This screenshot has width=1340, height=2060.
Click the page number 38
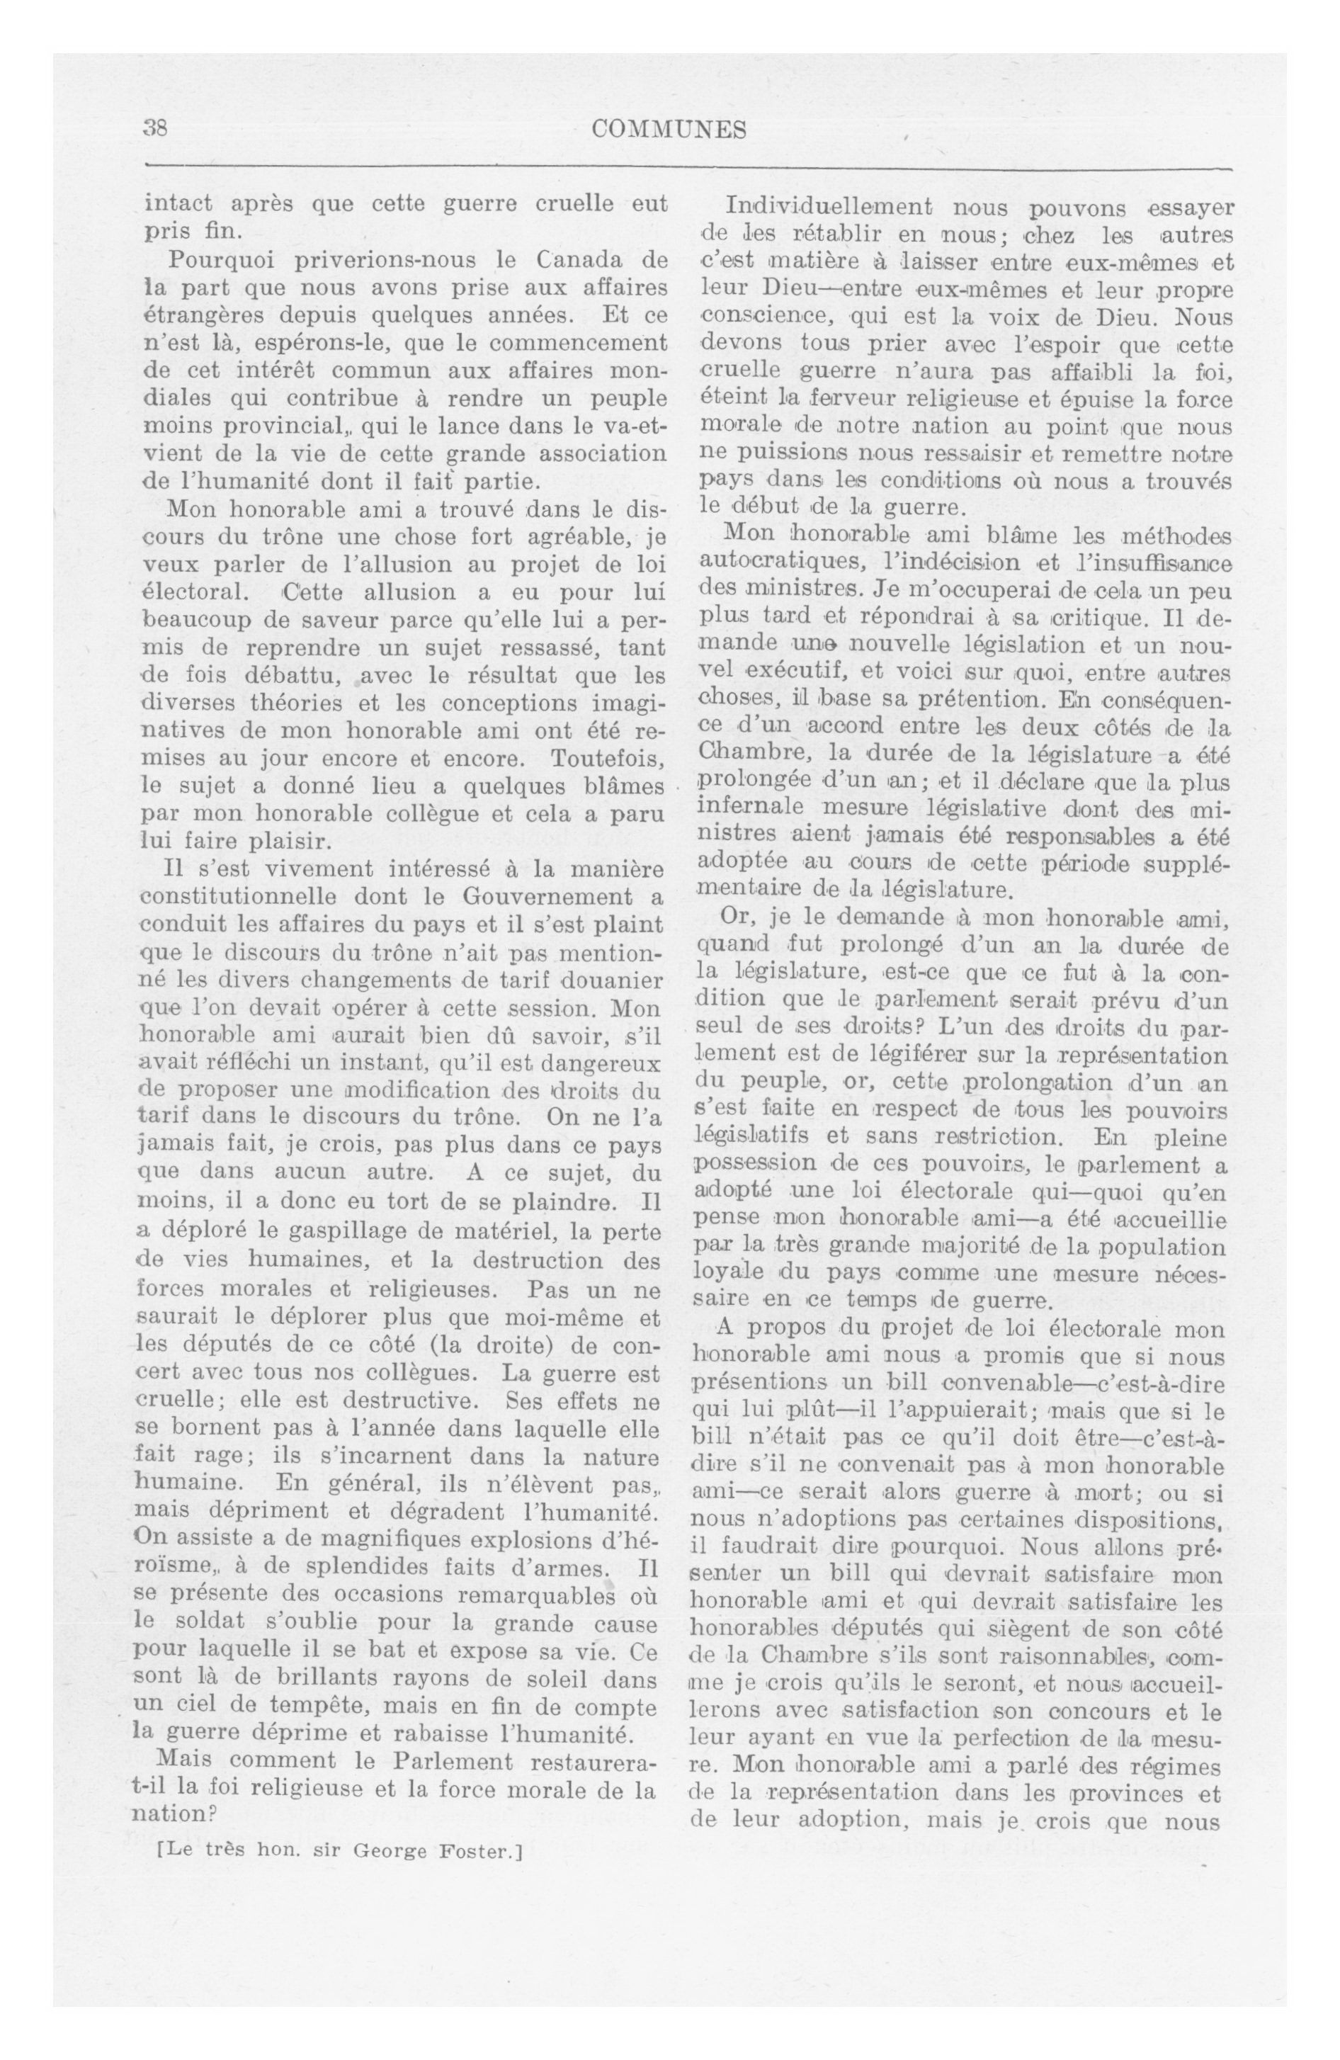155,129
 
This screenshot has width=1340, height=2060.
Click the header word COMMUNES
669,130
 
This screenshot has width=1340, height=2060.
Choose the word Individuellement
829,207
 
